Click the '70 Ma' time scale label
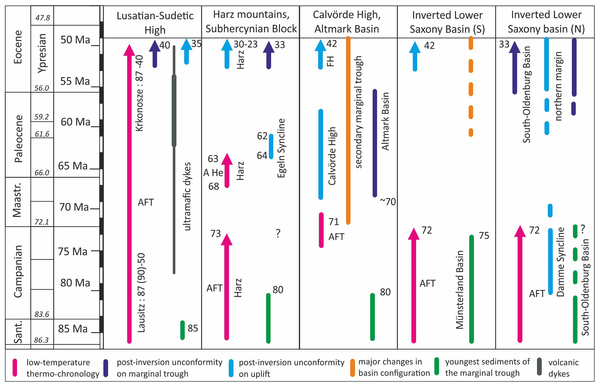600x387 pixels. (74, 207)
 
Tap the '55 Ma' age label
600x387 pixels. (75, 81)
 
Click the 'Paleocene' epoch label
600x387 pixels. (18, 138)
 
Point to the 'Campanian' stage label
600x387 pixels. (18, 271)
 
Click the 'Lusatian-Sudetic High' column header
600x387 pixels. (155, 22)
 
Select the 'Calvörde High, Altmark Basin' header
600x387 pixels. (347, 22)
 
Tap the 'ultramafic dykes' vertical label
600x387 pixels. (188, 197)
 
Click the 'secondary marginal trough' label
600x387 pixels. (358, 112)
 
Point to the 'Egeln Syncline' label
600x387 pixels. (281, 148)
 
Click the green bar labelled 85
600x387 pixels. (183, 330)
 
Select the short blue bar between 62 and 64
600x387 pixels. (271, 146)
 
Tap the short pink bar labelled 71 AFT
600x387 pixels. (321, 230)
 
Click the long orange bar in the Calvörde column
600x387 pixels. (348, 131)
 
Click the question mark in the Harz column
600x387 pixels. (278, 233)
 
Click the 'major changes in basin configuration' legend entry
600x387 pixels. (394, 367)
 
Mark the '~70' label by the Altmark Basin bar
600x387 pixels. (388, 201)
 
